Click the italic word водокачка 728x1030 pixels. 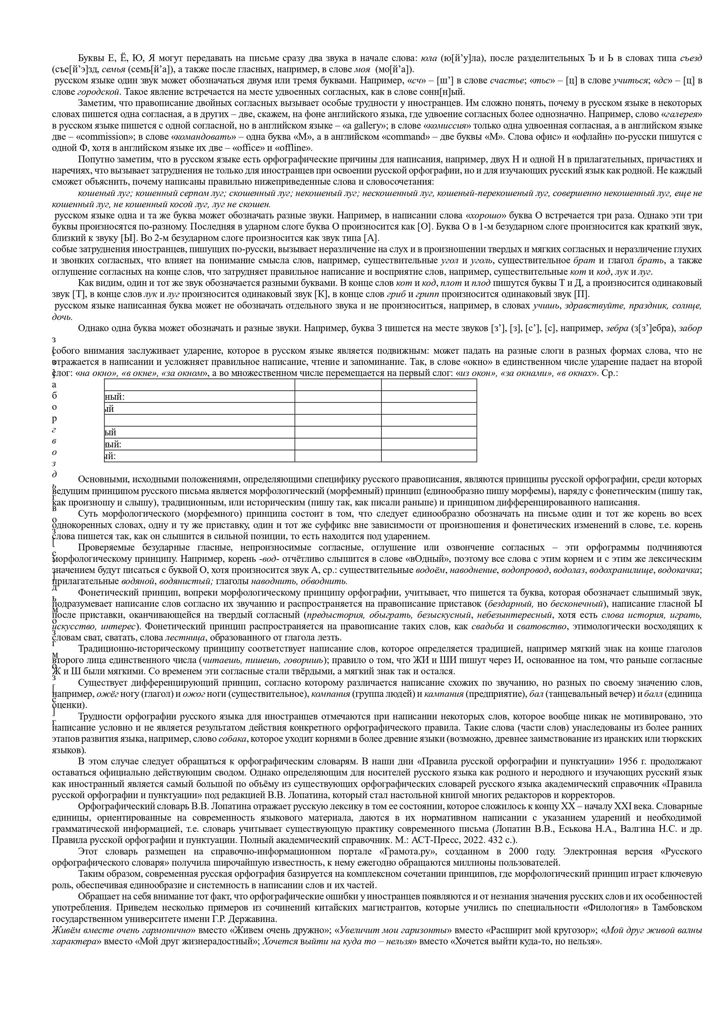tap(682, 570)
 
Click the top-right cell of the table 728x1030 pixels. tap(429, 385)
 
